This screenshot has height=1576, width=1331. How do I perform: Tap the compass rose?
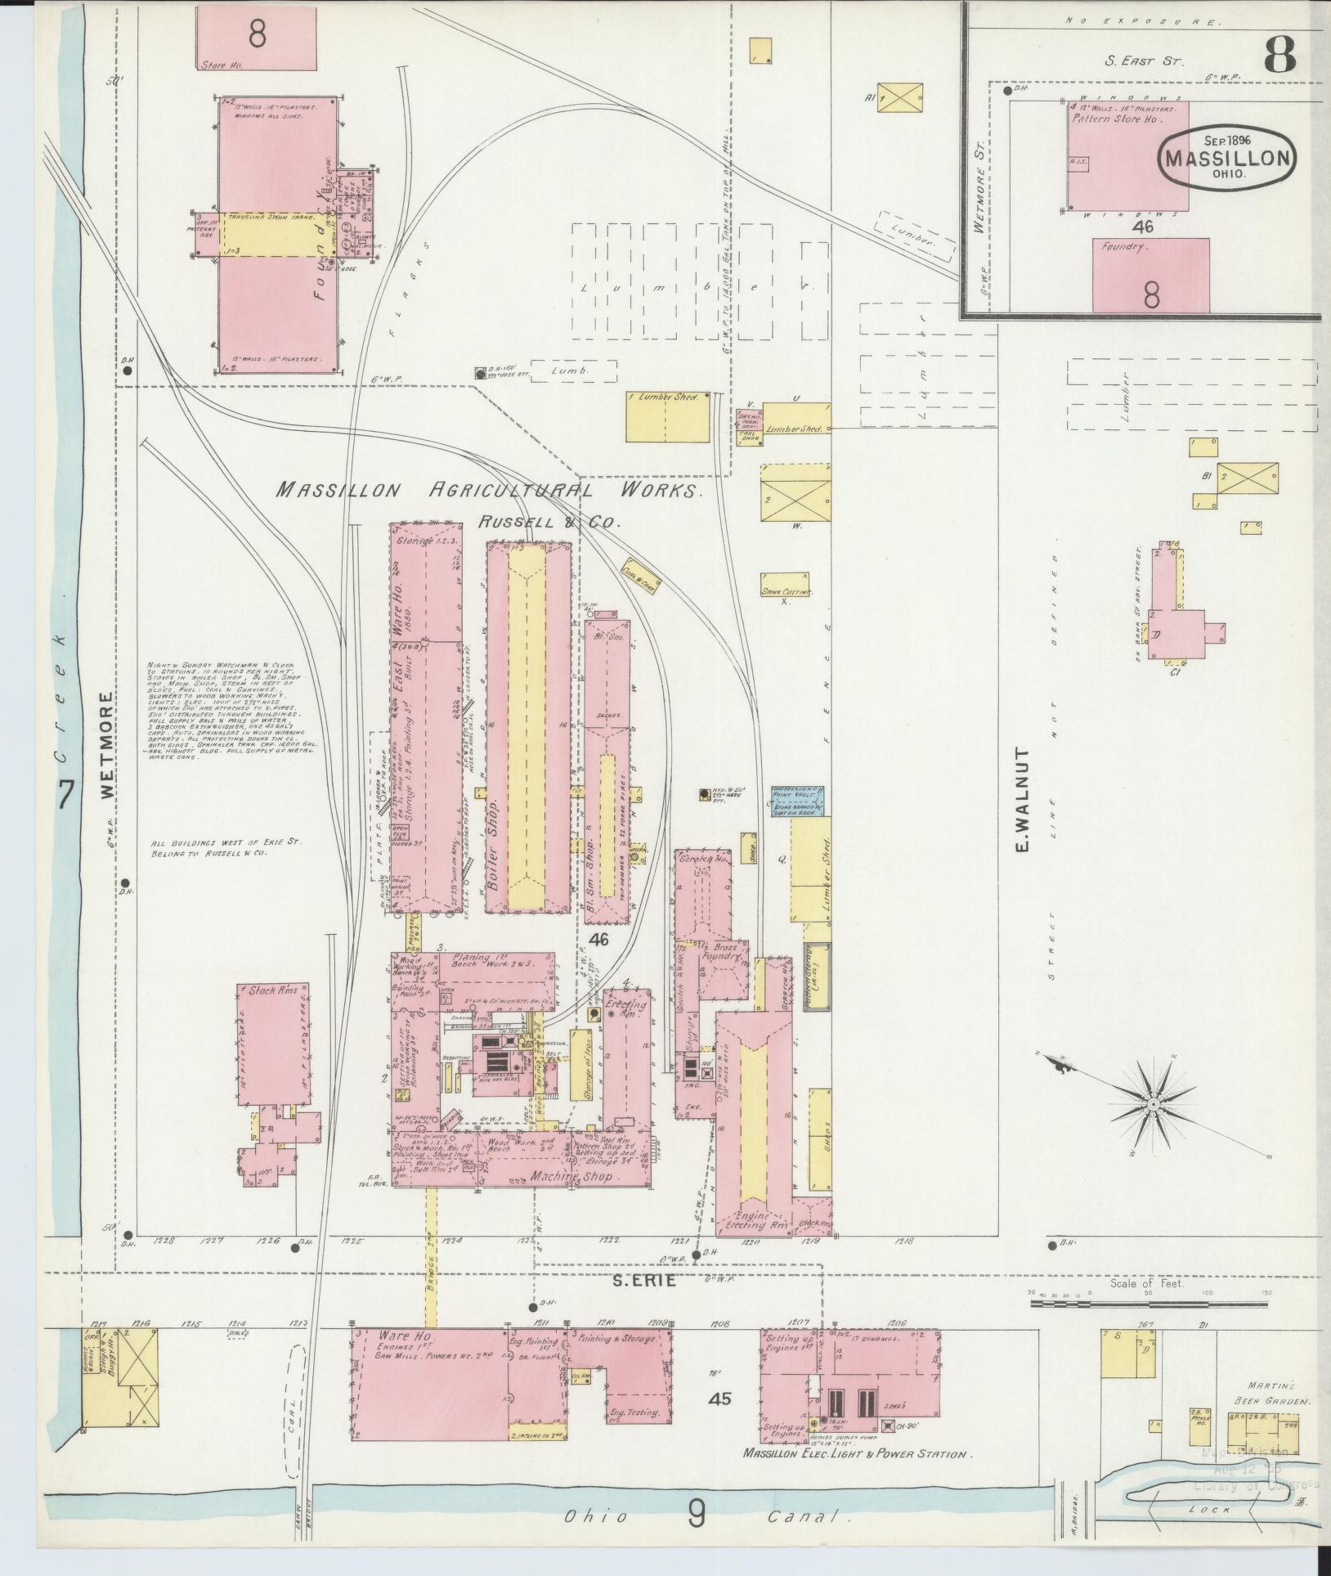coord(1151,1106)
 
